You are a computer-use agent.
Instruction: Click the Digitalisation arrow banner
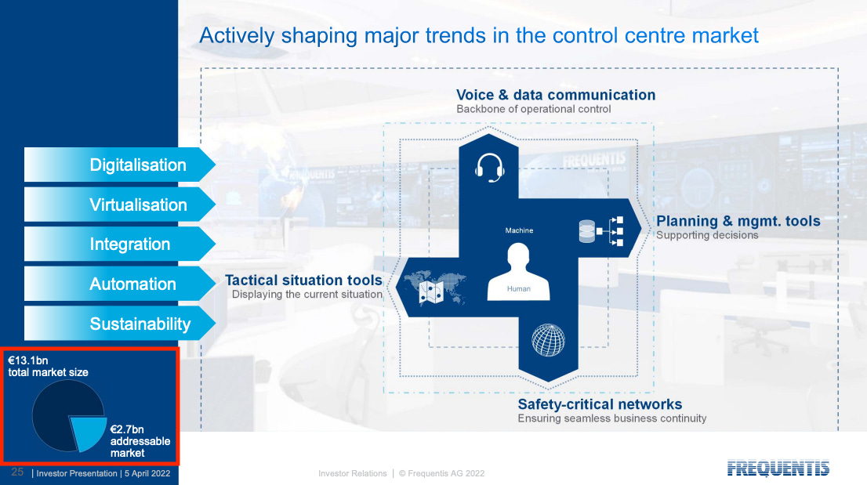119,165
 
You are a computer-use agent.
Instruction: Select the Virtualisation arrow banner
119,204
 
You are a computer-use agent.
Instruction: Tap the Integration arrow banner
119,244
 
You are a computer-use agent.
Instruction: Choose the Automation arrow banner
119,284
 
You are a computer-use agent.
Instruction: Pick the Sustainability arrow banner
119,324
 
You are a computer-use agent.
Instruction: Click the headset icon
489,168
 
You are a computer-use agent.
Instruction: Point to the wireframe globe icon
548,340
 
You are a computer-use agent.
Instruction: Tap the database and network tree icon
601,231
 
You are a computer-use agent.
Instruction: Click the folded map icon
431,292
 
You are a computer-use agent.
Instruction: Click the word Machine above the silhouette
519,230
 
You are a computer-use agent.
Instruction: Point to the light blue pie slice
87,432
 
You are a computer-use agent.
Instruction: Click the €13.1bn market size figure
27,360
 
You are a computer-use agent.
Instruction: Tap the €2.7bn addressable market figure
127,429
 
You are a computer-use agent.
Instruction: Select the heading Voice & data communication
556,95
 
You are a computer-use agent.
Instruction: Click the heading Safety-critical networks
600,404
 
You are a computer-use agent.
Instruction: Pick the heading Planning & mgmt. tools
738,221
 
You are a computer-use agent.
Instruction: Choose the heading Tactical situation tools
303,280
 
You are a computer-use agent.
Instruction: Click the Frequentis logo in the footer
778,469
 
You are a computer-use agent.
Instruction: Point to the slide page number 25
18,472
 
